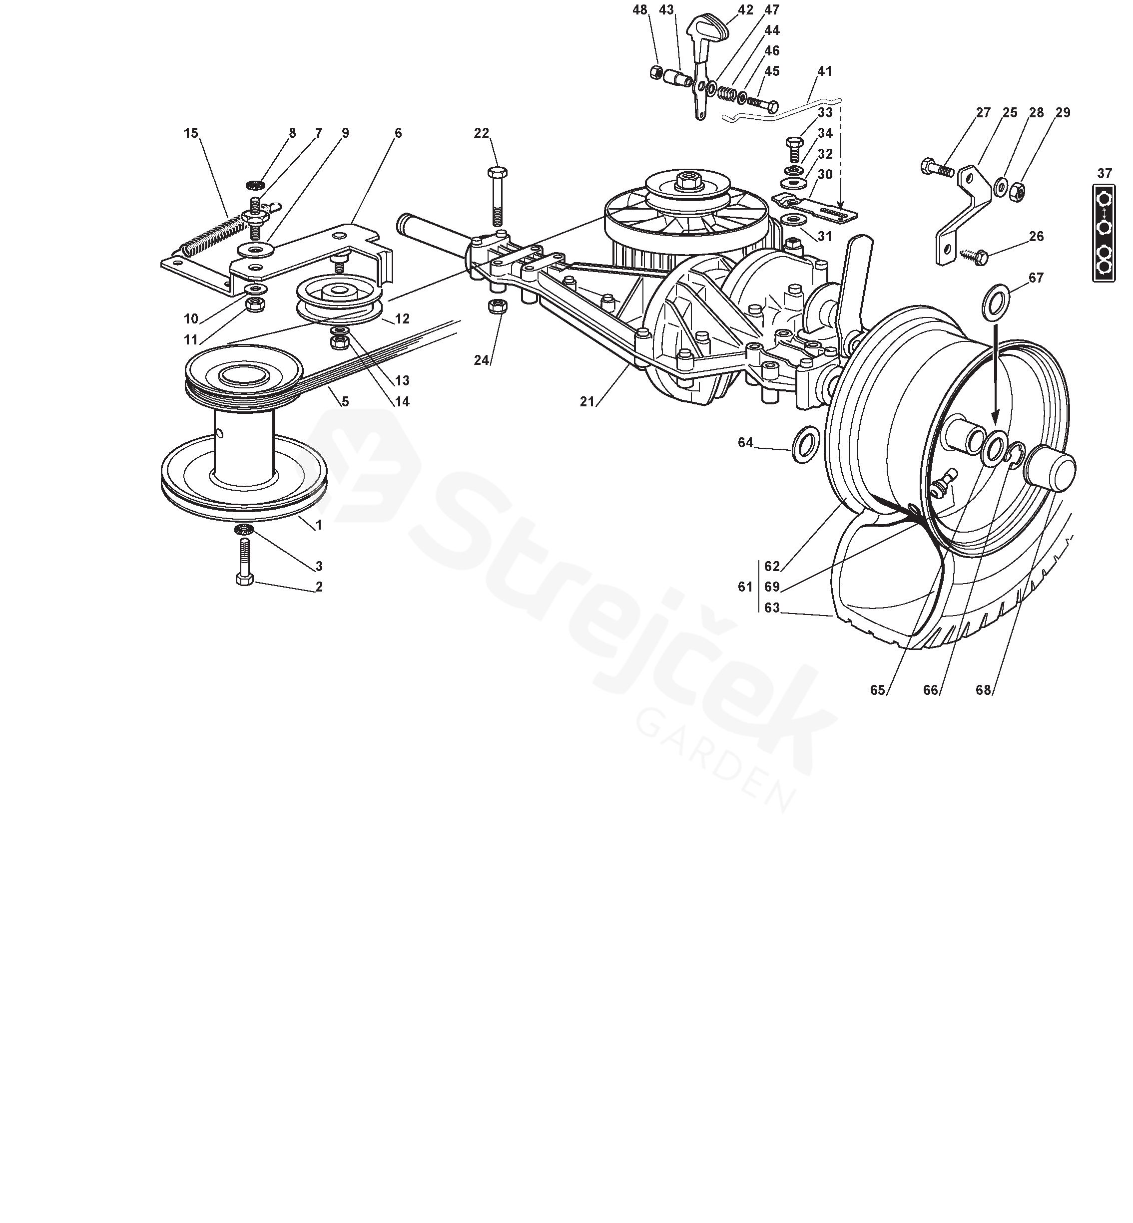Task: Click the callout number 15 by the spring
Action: [x=191, y=133]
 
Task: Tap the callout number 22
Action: [x=482, y=133]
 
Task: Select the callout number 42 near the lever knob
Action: [x=745, y=10]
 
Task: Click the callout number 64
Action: [x=745, y=442]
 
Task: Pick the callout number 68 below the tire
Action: [x=984, y=690]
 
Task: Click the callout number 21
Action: [x=587, y=402]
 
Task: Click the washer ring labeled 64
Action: [x=803, y=445]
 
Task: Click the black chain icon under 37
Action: [x=1104, y=234]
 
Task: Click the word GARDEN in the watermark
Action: [x=715, y=760]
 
